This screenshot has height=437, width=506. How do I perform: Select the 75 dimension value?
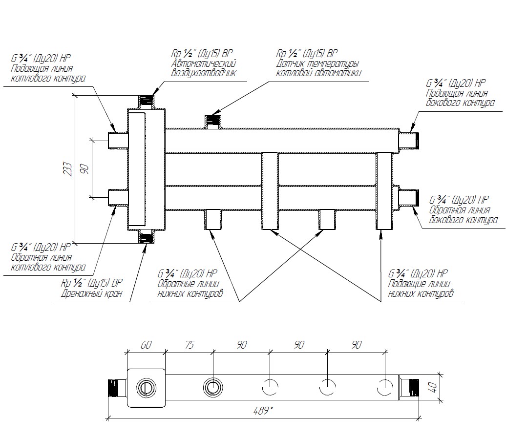190,345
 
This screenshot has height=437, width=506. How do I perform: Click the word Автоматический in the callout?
204,63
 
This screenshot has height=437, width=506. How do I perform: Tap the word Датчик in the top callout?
291,63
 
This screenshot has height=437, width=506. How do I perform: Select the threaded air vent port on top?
146,101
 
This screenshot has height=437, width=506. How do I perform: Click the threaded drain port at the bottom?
146,238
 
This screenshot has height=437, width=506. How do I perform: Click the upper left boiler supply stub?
118,141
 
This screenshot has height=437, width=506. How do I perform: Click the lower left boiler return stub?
118,197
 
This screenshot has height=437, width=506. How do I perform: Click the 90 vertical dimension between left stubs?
84,169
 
